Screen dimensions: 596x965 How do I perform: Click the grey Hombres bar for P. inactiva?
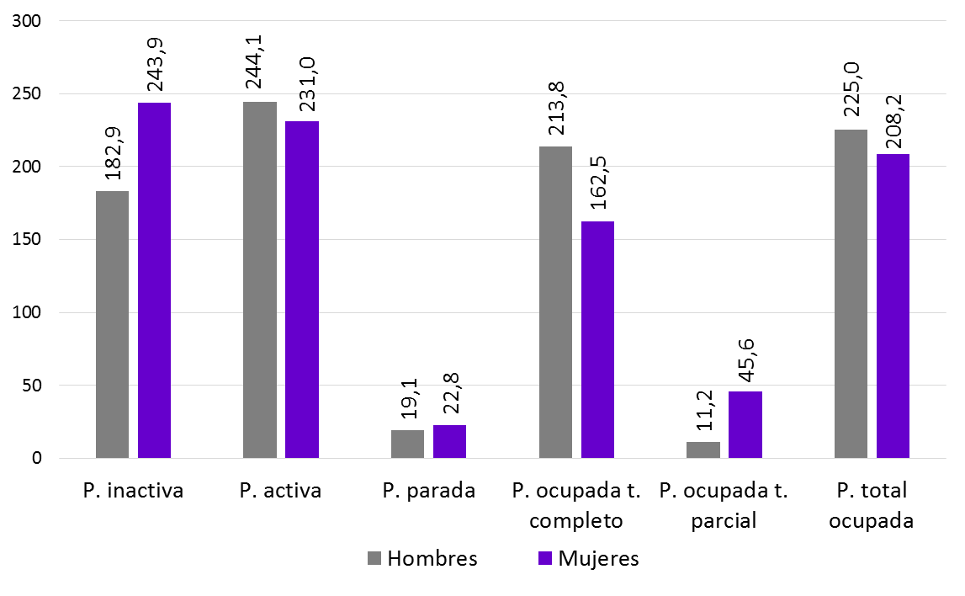click(113, 325)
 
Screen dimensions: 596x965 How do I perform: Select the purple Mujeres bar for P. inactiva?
click(155, 280)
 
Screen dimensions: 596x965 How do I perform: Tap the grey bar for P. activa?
click(260, 280)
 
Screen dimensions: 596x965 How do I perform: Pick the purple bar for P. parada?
click(449, 442)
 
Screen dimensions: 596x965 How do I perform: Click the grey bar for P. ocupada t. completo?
click(555, 302)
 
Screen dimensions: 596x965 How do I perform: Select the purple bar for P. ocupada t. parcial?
click(745, 425)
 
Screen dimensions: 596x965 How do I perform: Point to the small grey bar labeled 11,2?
click(703, 450)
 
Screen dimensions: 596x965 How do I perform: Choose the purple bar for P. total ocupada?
click(893, 306)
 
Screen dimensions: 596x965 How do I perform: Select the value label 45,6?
click(746, 359)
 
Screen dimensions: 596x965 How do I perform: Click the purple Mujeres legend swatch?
click(544, 559)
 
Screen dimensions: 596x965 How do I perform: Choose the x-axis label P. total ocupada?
click(871, 505)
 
